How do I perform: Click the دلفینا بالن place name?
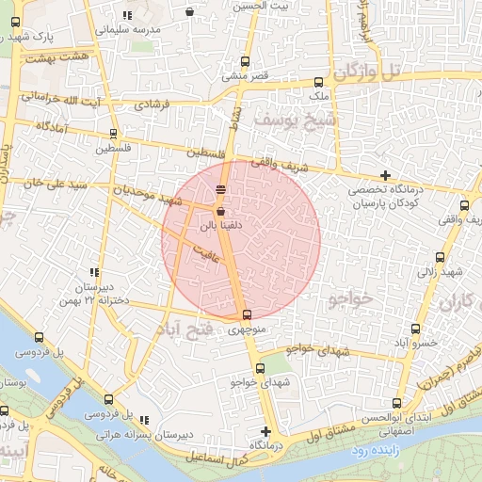click(219, 227)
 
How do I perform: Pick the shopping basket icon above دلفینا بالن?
click(220, 213)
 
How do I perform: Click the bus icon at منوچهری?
click(247, 314)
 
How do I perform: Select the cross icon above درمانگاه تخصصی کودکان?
click(384, 175)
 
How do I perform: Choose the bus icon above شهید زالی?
click(440, 257)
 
